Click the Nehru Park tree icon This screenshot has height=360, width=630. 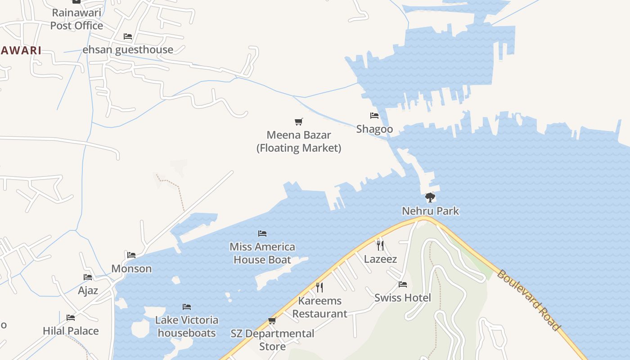(430, 197)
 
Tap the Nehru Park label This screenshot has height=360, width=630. (430, 211)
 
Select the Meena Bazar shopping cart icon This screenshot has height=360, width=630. (299, 121)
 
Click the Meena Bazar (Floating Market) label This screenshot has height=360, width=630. (299, 141)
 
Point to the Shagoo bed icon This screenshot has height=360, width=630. (374, 116)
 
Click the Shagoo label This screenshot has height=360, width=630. (374, 129)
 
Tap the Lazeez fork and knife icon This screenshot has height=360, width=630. (380, 245)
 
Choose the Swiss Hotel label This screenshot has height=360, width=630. (403, 297)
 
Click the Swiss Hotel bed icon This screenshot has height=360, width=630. (403, 284)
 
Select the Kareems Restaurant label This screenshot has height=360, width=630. (320, 307)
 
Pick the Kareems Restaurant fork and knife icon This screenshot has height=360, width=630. (319, 287)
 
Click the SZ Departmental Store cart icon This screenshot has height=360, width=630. (272, 320)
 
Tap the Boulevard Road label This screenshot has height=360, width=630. (529, 300)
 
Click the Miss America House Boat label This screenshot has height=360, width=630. (262, 253)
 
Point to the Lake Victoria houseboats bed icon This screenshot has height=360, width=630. (187, 307)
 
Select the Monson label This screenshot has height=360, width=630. (131, 269)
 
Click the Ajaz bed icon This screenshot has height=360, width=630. (88, 277)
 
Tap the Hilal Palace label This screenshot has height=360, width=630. (71, 331)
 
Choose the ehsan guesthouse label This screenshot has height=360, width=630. (128, 49)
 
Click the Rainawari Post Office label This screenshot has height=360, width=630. (76, 19)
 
